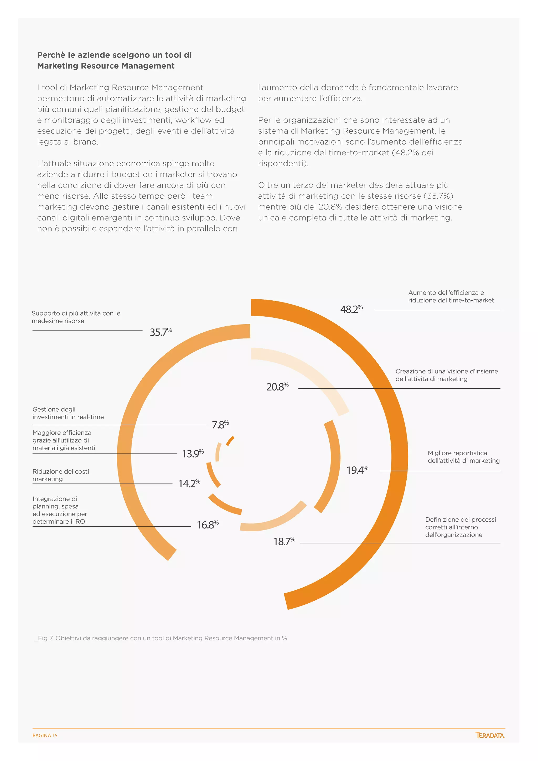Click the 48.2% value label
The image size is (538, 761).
(x=351, y=309)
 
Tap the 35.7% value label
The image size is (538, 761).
(x=161, y=332)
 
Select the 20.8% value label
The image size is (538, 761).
(x=277, y=387)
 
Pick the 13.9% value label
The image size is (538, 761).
(x=193, y=453)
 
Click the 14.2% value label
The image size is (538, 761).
(x=189, y=484)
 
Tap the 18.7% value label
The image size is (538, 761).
(x=284, y=541)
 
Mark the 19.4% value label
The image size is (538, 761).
(x=357, y=470)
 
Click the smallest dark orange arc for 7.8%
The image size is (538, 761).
(x=230, y=441)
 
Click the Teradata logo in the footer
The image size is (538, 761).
(x=490, y=735)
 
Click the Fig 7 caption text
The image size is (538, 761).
(x=161, y=638)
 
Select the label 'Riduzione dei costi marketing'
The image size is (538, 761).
(x=61, y=475)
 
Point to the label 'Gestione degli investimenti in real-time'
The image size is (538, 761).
(x=68, y=413)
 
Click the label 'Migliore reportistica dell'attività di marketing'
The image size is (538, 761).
(x=463, y=457)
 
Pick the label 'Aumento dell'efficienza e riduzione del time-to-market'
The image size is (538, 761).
(x=451, y=296)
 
